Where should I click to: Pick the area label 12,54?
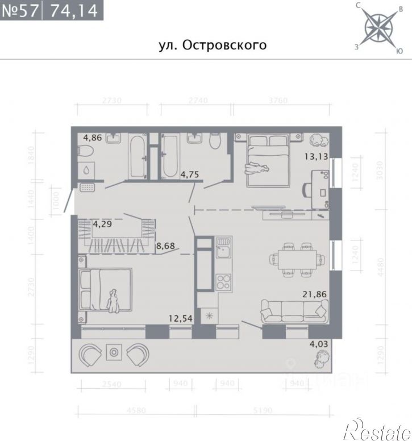181,319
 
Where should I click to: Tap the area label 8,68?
167,247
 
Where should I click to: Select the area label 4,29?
103,224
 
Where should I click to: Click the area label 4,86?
93,137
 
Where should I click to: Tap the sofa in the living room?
295,311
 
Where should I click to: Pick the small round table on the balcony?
114,353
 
